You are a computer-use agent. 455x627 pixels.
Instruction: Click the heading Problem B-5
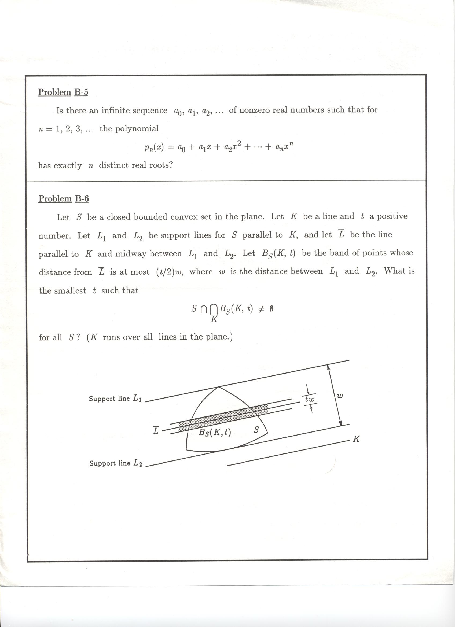tap(63, 92)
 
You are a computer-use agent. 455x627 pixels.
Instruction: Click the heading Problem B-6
tap(64, 198)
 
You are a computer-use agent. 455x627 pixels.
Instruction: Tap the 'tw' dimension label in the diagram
tap(310, 400)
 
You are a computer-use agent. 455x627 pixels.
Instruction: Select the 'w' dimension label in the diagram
tap(340, 396)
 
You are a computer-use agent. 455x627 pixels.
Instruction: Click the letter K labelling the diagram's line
tap(356, 439)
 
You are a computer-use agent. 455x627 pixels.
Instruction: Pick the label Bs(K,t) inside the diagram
tap(215, 432)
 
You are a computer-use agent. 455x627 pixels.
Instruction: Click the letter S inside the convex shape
tap(256, 430)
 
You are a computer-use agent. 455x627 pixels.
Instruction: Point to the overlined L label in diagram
tap(156, 431)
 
